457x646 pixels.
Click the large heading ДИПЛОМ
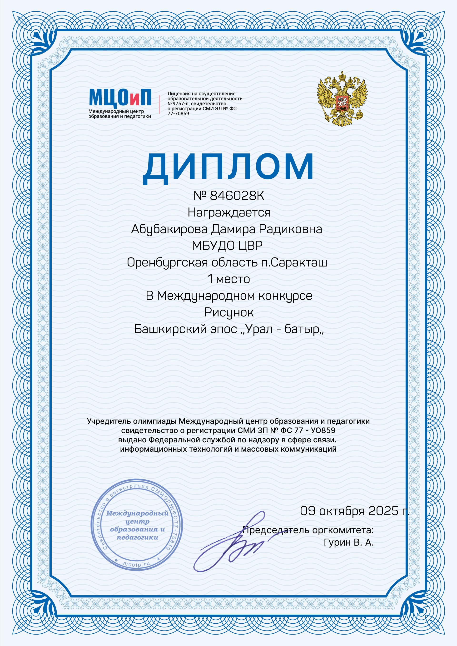point(228,167)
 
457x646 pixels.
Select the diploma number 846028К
point(237,196)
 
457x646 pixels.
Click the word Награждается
point(229,212)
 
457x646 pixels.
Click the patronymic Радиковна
point(290,229)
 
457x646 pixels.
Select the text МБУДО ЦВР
point(227,246)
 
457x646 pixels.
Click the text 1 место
point(228,279)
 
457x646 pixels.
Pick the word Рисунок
point(229,312)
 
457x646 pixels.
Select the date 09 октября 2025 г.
point(354,511)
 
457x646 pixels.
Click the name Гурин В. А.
point(349,542)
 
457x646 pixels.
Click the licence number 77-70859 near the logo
point(178,114)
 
